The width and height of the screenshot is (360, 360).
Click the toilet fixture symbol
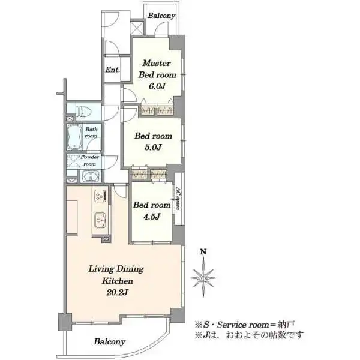83,112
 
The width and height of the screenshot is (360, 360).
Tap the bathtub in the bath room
74,137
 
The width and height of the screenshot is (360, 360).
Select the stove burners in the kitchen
100,196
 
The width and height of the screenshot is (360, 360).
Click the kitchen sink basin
100,220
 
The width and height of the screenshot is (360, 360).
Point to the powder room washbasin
91,176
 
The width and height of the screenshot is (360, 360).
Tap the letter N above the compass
203,252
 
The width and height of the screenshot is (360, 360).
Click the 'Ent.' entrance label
113,70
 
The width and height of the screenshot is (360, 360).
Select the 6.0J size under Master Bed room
157,86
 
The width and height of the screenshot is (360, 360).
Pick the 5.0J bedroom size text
153,147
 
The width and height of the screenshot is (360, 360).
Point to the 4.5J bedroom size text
152,216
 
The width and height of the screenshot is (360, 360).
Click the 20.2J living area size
118,292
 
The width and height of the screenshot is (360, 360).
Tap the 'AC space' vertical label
178,199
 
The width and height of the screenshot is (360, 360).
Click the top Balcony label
161,16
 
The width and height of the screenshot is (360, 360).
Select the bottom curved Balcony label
110,341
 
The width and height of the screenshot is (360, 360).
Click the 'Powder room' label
90,160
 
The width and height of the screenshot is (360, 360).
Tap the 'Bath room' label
91,133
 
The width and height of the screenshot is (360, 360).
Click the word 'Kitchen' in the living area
118,281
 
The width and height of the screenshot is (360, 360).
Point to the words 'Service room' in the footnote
243,325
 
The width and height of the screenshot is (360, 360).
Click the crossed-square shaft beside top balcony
137,28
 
